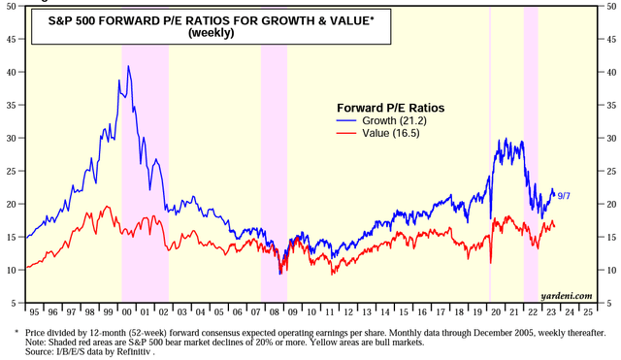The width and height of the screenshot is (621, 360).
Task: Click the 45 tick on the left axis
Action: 12,40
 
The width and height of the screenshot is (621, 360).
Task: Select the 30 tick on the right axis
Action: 608,139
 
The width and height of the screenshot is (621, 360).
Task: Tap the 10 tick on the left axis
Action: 12,270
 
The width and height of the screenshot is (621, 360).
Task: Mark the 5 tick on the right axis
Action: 608,303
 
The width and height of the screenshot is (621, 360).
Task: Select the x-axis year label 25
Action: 588,312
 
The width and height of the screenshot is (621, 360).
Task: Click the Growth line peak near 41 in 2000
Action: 128,67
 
